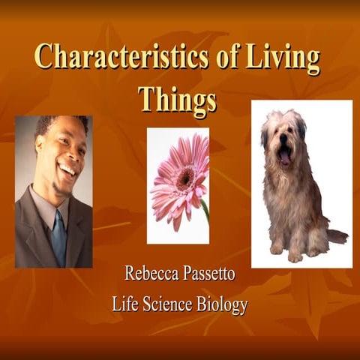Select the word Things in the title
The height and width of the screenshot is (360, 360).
point(177,98)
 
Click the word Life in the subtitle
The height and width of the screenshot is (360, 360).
point(124,304)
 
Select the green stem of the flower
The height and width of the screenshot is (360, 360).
point(205,211)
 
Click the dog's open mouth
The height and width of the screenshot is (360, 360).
point(285,156)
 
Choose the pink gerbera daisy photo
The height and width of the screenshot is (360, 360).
point(178,185)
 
